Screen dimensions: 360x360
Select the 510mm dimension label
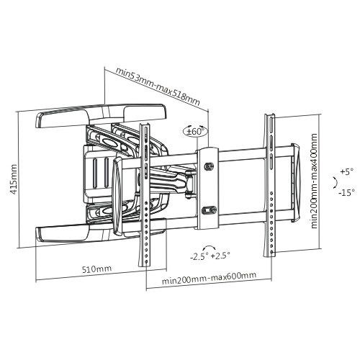click(x=97, y=269)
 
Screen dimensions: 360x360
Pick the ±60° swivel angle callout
click(x=195, y=130)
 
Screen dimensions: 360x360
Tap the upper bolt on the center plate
click(x=210, y=166)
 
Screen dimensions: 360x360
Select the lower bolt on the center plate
click(x=210, y=210)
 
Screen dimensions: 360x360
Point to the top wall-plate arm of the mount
click(x=101, y=114)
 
